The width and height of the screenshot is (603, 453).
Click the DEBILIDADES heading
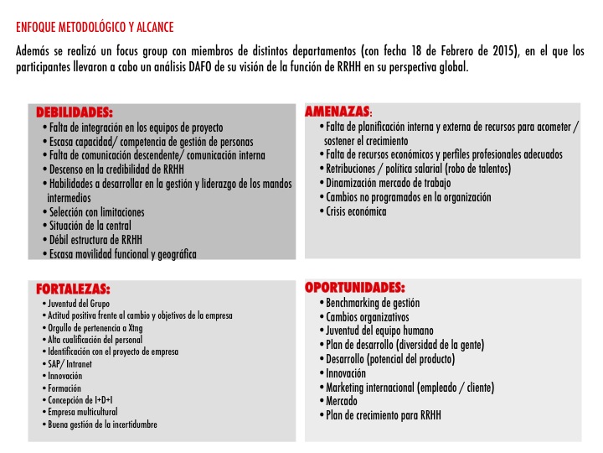click(75, 112)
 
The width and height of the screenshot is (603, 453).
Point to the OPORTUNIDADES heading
click(354, 287)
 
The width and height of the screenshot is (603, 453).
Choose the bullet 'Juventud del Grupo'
click(79, 303)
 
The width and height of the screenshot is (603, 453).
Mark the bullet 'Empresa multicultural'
click(83, 412)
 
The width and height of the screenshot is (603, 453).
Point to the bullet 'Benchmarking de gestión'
click(373, 302)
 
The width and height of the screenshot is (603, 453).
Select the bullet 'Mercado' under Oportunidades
click(342, 401)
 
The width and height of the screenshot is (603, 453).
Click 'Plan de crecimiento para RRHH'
click(383, 415)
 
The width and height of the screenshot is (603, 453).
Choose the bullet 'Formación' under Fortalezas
click(64, 388)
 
